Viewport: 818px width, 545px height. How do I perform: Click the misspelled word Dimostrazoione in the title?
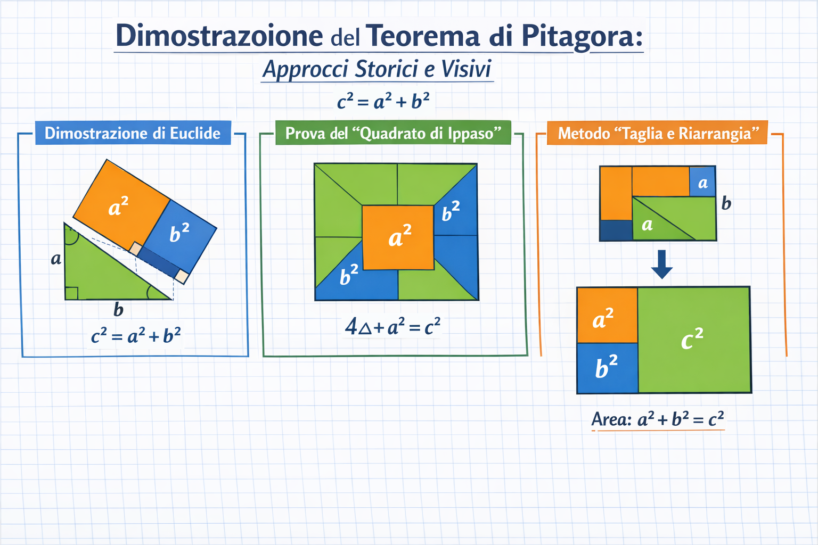[219, 36]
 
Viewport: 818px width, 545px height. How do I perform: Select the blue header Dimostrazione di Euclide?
[133, 133]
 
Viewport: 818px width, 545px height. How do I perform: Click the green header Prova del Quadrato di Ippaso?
[394, 133]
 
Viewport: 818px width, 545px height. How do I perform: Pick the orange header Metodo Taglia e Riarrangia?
[657, 133]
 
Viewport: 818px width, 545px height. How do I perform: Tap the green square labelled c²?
[694, 340]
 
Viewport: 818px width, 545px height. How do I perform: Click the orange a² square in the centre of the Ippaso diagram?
[398, 237]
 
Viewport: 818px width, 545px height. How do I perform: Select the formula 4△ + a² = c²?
[392, 326]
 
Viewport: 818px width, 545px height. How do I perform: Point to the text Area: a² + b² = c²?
[657, 419]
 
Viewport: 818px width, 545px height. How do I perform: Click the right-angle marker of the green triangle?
[71, 293]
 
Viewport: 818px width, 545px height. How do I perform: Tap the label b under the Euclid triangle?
[118, 310]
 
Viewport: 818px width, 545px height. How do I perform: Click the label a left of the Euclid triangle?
[56, 259]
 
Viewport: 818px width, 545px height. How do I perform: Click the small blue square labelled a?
[702, 182]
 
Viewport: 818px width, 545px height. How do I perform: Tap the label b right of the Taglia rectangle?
[726, 203]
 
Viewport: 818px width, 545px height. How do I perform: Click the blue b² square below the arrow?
[607, 368]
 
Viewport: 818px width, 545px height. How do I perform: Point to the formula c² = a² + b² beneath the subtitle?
[383, 101]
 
